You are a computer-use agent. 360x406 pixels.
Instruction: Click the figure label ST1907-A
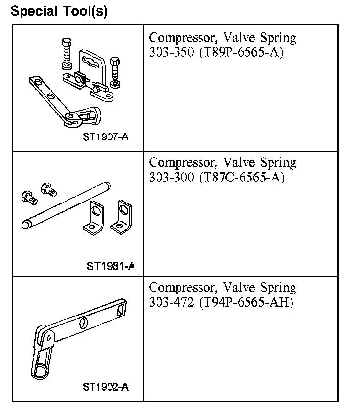(106, 137)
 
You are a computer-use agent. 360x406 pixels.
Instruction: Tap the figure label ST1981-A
(110, 266)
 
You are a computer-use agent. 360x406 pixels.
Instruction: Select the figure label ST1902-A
(106, 387)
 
